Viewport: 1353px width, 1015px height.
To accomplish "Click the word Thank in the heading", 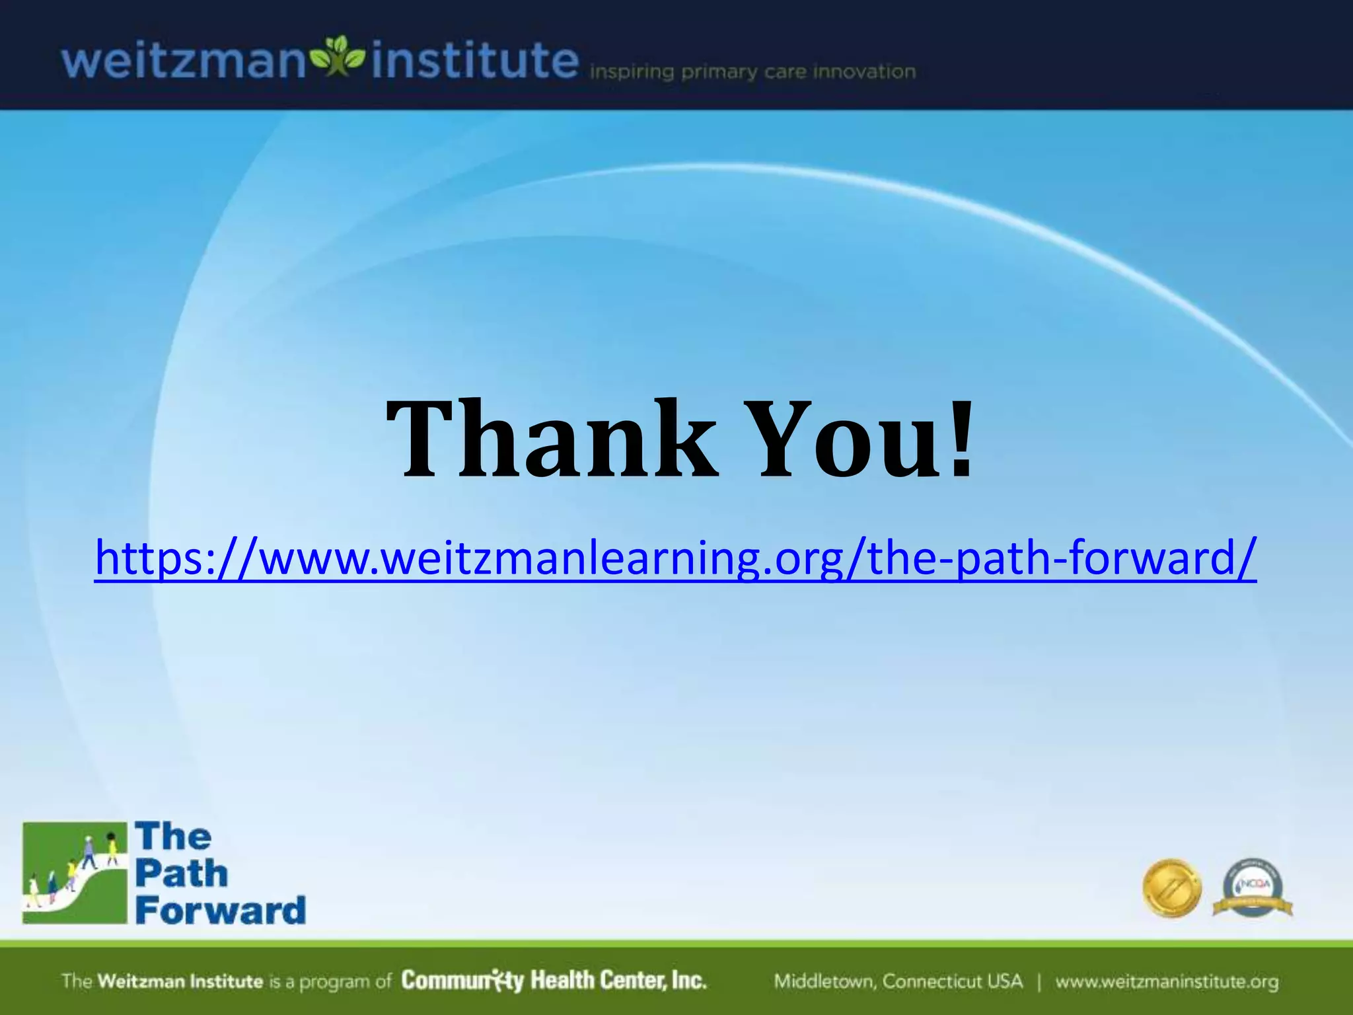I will point(552,439).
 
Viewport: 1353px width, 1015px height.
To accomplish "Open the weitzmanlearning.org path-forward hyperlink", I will point(675,558).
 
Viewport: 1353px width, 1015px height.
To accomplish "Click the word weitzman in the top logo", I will point(184,61).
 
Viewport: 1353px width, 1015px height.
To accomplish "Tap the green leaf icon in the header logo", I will point(338,56).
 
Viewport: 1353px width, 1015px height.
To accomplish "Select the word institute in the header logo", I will point(474,61).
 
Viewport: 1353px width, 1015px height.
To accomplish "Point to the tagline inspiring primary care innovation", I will point(752,71).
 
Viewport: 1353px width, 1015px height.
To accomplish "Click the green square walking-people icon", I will point(74,872).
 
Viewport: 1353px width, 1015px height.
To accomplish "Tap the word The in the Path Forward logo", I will point(173,837).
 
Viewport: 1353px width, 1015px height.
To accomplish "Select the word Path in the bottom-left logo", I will point(182,874).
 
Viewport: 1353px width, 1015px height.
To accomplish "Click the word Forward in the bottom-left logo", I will point(221,911).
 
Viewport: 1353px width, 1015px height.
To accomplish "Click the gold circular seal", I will point(1171,888).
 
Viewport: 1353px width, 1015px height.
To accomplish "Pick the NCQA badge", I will point(1253,888).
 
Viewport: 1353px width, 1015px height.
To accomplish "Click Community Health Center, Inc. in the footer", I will point(554,980).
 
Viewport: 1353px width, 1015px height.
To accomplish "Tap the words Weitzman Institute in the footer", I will point(180,981).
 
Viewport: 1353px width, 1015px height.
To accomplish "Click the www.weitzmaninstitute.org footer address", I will point(1167,981).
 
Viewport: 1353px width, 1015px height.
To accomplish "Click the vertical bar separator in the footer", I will point(1039,981).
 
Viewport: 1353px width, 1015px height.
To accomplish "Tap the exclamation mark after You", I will point(962,439).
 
